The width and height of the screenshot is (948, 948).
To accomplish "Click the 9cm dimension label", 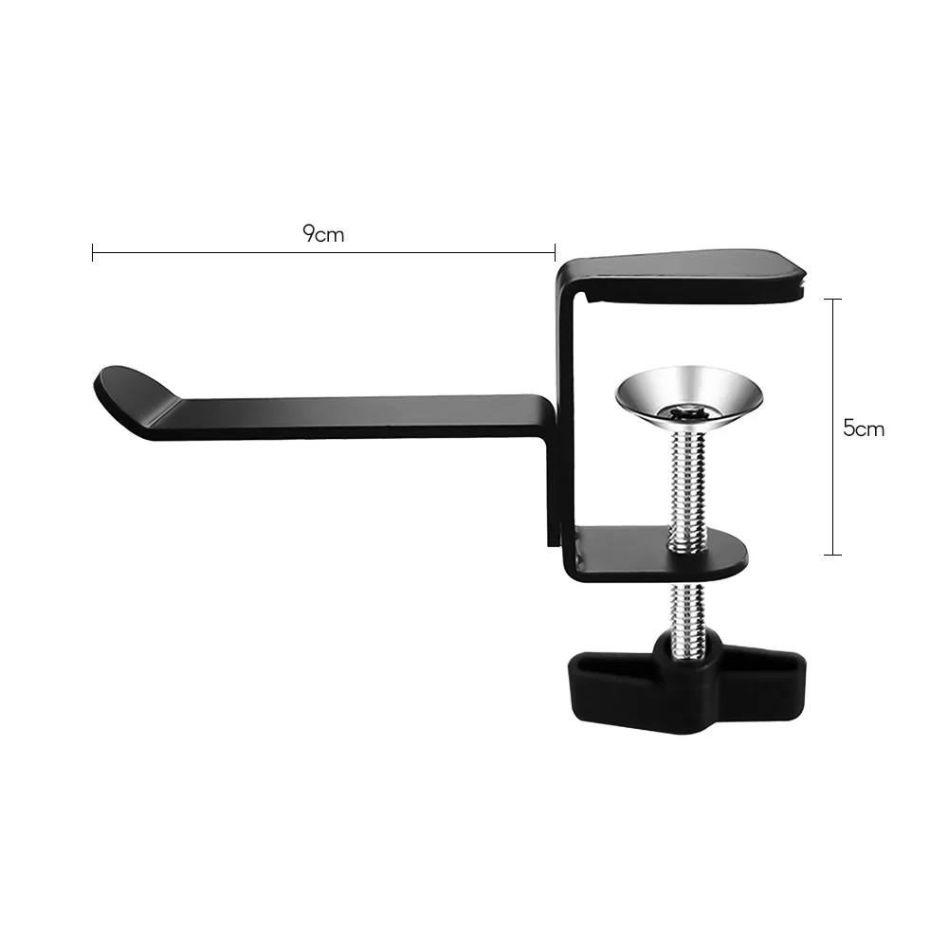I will pos(323,234).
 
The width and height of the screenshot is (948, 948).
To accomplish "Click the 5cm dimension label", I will pos(864,428).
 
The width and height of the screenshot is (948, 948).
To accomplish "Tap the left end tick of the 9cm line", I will pos(93,252).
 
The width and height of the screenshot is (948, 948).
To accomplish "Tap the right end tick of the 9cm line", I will pos(555,252).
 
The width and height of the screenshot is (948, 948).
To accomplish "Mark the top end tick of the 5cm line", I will pos(832,300).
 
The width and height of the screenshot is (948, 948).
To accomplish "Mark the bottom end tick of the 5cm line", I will pos(832,555).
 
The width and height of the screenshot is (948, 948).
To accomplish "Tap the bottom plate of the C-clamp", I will pos(664,555).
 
